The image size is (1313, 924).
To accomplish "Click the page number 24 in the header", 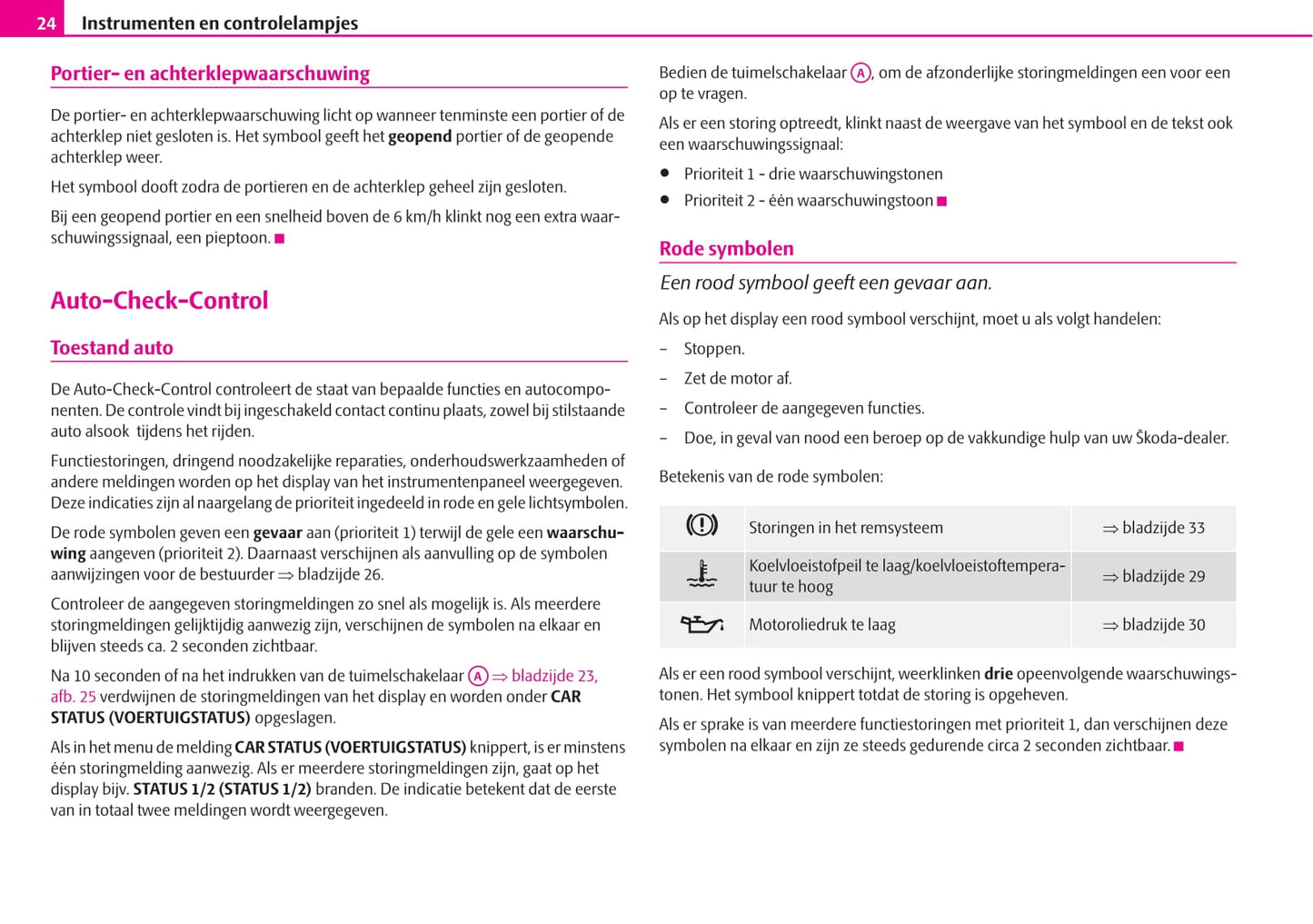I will (x=46, y=23).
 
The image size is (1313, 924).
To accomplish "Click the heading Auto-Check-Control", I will (x=159, y=301).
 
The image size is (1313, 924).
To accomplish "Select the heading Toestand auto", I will (x=112, y=348).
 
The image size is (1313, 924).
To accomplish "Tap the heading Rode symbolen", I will (x=726, y=249).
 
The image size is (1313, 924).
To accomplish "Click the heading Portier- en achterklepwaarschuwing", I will (x=210, y=74).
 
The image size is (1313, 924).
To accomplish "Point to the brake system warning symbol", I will (x=701, y=526).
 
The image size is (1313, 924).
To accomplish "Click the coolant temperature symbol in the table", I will (x=701, y=575).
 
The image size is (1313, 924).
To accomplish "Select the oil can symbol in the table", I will (x=701, y=624).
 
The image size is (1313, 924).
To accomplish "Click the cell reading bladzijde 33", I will (x=1154, y=528).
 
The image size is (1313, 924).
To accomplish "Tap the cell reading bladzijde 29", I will (x=1154, y=576).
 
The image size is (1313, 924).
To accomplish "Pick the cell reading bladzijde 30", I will (x=1154, y=625).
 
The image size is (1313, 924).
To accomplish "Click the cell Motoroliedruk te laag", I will (x=821, y=625).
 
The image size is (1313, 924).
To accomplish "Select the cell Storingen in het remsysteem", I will (x=845, y=528).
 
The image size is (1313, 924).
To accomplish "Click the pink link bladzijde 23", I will (x=553, y=676).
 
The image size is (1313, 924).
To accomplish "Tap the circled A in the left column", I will (x=478, y=677).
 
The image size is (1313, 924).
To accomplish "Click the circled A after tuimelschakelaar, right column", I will (x=860, y=74).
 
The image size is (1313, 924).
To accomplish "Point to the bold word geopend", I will (x=420, y=137).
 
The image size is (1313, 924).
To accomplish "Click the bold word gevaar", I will (x=277, y=533).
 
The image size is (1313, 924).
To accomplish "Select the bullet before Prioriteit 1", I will (x=665, y=173).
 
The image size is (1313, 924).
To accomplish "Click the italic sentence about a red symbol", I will (x=825, y=283).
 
